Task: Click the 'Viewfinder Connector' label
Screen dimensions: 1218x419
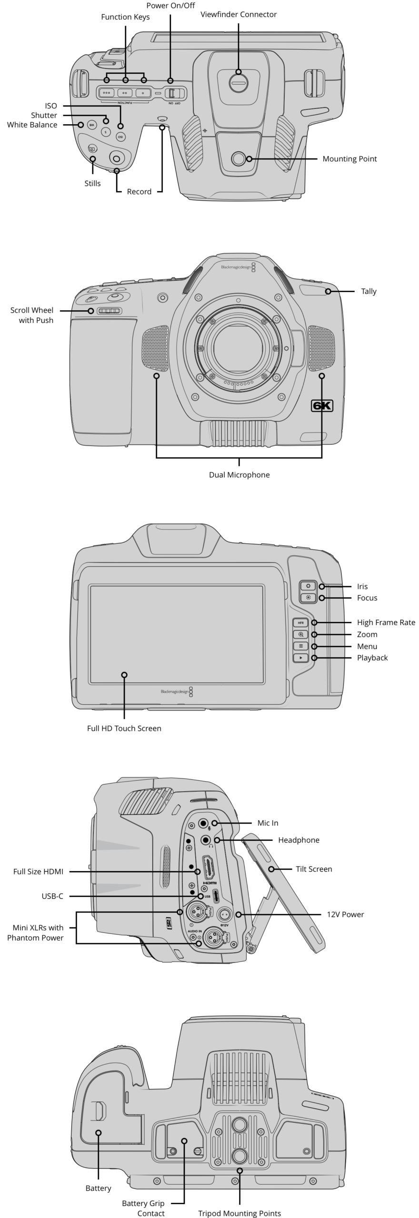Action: pyautogui.click(x=238, y=15)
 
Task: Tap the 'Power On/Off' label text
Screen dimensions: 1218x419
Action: pyautogui.click(x=170, y=6)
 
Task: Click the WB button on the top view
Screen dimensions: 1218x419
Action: pyautogui.click(x=92, y=125)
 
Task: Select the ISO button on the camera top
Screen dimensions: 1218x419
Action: pyautogui.click(x=120, y=137)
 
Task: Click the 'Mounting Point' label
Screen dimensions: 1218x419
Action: pyautogui.click(x=349, y=159)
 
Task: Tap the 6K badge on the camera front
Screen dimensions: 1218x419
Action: pyautogui.click(x=321, y=406)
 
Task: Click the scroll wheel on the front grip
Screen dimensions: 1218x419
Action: pyautogui.click(x=109, y=311)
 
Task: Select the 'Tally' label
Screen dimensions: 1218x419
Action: pyautogui.click(x=369, y=291)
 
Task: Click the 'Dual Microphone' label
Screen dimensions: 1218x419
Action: pyautogui.click(x=239, y=475)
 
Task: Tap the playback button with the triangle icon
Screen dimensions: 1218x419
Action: pyautogui.click(x=300, y=658)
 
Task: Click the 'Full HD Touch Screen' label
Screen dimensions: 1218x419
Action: pyautogui.click(x=124, y=728)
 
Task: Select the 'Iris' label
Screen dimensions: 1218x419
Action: pyautogui.click(x=362, y=587)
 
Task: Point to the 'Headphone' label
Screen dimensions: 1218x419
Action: pyautogui.click(x=299, y=840)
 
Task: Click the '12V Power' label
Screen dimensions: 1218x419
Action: pyautogui.click(x=345, y=914)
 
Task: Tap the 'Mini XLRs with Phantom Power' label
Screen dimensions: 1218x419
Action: pyautogui.click(x=35, y=933)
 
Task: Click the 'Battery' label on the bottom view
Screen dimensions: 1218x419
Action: pyautogui.click(x=98, y=1188)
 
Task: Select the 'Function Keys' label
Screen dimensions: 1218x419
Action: pyautogui.click(x=125, y=17)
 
